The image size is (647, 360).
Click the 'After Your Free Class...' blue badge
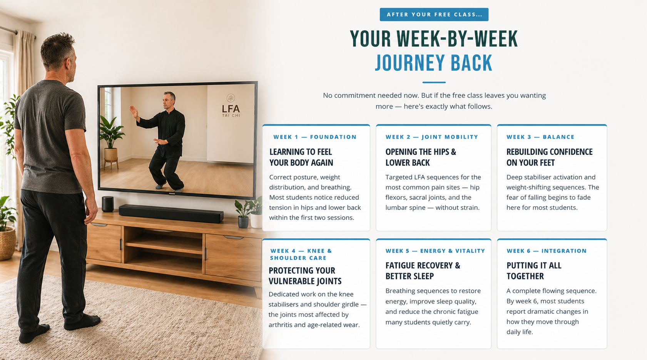click(434, 15)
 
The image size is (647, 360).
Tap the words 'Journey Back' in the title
click(433, 63)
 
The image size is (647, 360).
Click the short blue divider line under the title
click(434, 82)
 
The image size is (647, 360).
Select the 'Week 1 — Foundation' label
click(315, 137)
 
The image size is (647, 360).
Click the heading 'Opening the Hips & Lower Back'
click(421, 157)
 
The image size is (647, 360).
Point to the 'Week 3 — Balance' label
click(540, 137)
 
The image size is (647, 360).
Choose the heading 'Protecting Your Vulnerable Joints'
click(305, 276)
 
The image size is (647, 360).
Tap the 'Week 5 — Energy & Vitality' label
click(435, 251)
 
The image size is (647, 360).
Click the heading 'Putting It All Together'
click(534, 271)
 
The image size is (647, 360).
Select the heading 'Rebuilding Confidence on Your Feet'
click(549, 157)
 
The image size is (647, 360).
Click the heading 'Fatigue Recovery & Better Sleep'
click(423, 271)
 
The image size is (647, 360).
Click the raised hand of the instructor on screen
click(133, 111)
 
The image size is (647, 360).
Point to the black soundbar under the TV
click(171, 213)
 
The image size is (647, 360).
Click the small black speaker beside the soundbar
click(108, 204)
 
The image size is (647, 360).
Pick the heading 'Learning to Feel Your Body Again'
click(301, 157)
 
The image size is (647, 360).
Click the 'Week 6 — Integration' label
click(547, 251)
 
